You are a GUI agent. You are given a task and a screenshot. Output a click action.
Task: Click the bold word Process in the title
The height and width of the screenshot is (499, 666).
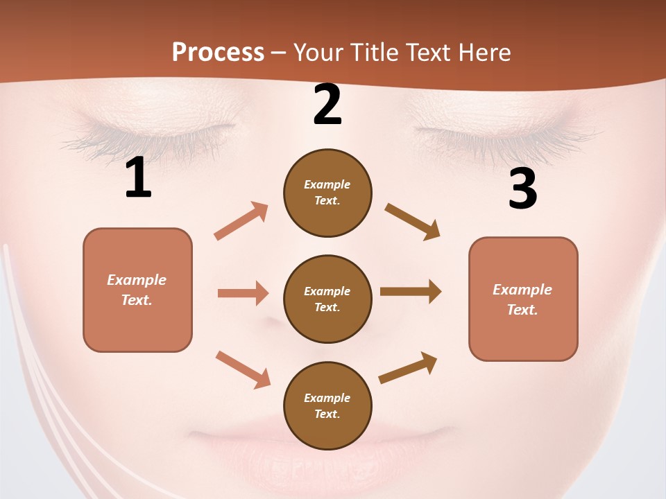pyautogui.click(x=218, y=53)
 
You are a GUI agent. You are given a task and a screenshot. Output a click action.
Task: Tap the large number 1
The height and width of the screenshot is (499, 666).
pyautogui.click(x=138, y=178)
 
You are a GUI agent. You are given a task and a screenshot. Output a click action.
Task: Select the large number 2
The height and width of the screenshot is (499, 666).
pyautogui.click(x=327, y=105)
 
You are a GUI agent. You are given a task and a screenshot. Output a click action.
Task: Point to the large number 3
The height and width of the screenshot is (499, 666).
pyautogui.click(x=523, y=189)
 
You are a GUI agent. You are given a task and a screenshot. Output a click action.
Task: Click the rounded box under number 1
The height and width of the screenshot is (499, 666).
pyautogui.click(x=137, y=290)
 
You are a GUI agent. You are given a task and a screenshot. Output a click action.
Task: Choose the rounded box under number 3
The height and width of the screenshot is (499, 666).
pyautogui.click(x=523, y=299)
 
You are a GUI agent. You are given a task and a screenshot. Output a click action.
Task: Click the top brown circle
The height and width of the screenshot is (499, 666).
pyautogui.click(x=327, y=193)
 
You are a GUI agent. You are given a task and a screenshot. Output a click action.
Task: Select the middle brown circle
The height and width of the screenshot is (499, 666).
pyautogui.click(x=327, y=299)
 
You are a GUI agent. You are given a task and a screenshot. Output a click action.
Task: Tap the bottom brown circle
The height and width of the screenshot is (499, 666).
pyautogui.click(x=327, y=405)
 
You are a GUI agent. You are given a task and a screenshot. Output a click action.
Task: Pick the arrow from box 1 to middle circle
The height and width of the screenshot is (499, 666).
pyautogui.click(x=243, y=293)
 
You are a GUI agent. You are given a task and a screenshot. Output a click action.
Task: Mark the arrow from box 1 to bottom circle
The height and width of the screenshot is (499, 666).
pyautogui.click(x=243, y=369)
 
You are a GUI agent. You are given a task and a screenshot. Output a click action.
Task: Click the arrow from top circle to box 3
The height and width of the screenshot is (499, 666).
pyautogui.click(x=413, y=222)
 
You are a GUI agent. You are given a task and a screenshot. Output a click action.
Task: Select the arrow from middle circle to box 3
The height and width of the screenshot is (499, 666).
pyautogui.click(x=411, y=292)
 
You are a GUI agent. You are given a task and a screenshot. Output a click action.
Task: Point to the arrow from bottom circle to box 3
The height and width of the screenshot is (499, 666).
pyautogui.click(x=409, y=367)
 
